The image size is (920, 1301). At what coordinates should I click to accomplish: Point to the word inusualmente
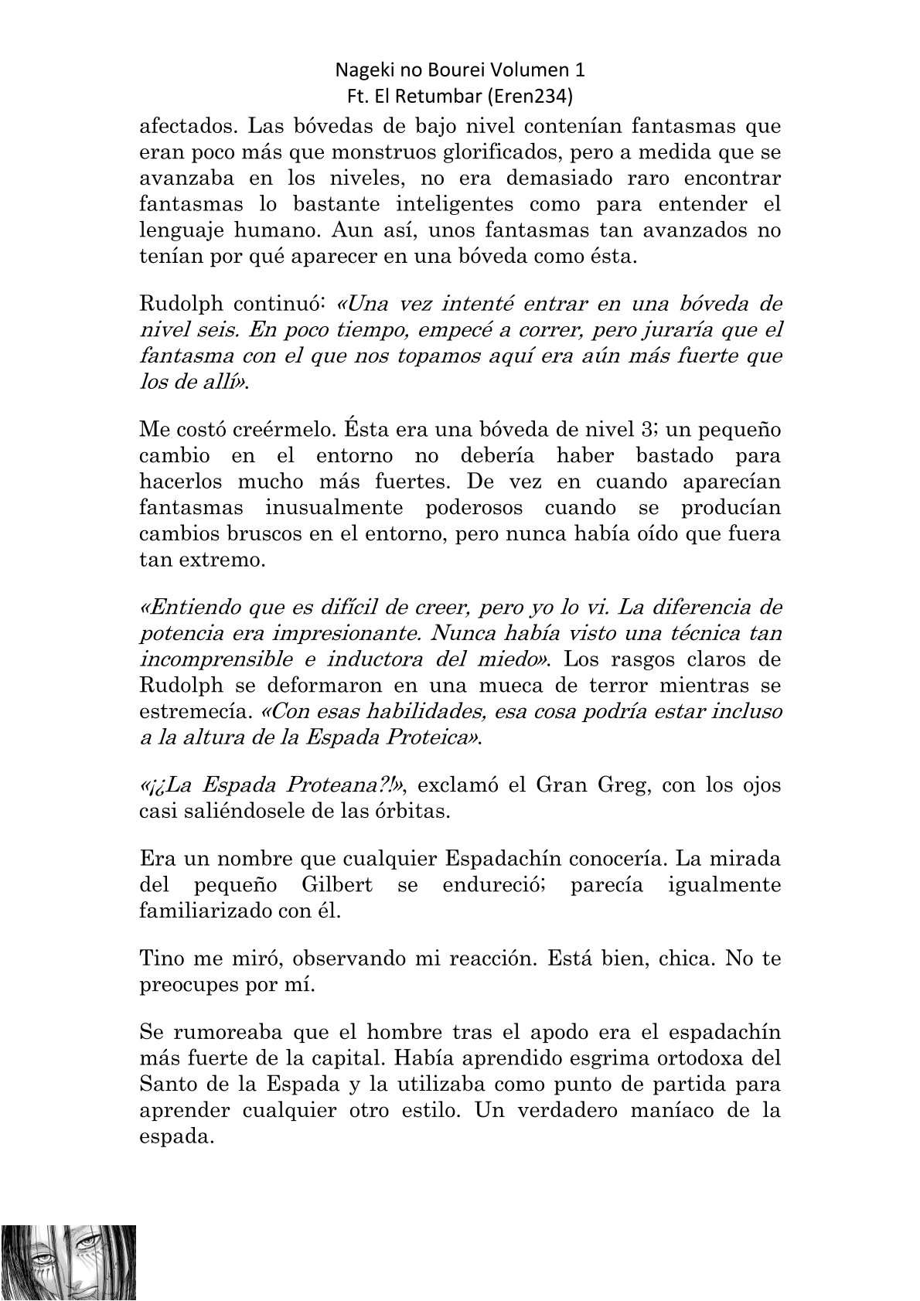335,508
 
